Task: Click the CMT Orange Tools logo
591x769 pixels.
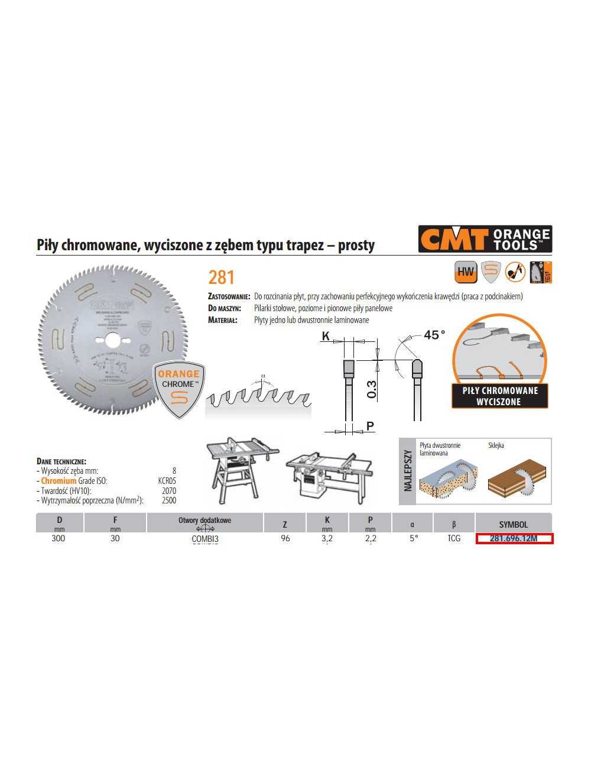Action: pos(485,239)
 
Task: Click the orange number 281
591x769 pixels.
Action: pos(222,277)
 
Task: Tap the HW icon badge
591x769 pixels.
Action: pos(466,272)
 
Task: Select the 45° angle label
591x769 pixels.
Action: pos(434,335)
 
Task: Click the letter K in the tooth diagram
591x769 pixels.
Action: pos(325,337)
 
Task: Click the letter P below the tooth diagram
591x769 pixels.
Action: pos(370,426)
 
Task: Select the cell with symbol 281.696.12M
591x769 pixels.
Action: pos(514,538)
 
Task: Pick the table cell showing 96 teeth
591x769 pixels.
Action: pos(285,538)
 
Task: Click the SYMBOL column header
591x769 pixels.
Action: pos(513,524)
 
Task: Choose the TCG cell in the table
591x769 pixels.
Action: pos(454,538)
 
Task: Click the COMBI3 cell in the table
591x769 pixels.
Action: pos(205,539)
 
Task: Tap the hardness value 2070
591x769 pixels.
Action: pos(168,490)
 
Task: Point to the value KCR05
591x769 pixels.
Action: pos(167,481)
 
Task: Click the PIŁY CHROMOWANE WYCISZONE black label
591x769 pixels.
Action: pos(499,396)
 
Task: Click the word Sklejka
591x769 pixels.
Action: pos(496,445)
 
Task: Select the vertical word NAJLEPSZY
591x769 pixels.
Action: pos(408,471)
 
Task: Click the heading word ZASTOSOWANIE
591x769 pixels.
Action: pos(230,296)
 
